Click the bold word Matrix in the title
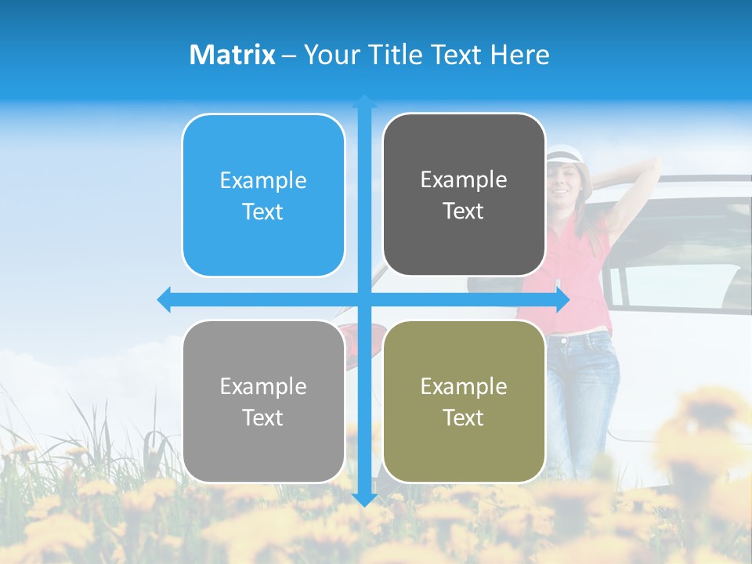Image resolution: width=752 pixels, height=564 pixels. (233, 55)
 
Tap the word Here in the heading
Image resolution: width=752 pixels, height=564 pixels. (520, 55)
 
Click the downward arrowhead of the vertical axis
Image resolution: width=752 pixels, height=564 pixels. (364, 500)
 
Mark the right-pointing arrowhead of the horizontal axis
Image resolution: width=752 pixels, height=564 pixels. (562, 300)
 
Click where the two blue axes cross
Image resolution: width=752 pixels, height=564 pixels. (364, 300)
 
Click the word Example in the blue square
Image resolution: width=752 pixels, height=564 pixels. (263, 181)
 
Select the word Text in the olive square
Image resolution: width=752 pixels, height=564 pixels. (464, 418)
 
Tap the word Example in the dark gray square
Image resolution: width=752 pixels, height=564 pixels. (464, 180)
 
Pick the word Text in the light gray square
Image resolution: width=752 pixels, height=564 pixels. (263, 418)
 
